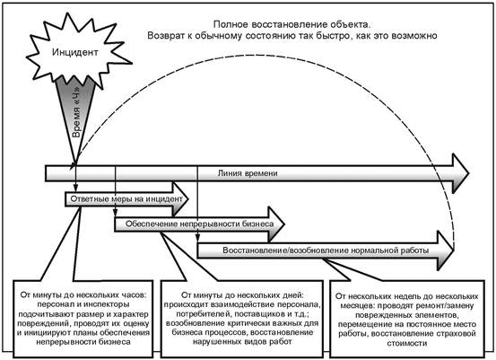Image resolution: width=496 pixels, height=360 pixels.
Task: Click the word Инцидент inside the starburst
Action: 75,52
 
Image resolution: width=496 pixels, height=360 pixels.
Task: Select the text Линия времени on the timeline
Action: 248,173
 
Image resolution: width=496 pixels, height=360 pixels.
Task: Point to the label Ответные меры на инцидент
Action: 126,198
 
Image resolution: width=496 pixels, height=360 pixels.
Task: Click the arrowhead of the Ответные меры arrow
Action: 180,199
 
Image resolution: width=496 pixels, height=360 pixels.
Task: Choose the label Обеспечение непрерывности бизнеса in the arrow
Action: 200,224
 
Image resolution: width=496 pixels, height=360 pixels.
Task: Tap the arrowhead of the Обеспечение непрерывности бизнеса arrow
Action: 276,224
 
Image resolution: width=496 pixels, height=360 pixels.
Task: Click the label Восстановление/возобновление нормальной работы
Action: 326,250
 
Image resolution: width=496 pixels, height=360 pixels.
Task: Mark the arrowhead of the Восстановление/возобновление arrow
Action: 446,250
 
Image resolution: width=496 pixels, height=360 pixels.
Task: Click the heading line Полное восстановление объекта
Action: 292,24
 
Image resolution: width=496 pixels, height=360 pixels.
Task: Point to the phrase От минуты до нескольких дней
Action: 242,295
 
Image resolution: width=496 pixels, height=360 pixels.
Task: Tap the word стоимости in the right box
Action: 407,343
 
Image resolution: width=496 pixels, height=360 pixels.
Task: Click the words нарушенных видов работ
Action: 242,342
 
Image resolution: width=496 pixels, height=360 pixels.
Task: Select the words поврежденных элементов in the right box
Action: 407,315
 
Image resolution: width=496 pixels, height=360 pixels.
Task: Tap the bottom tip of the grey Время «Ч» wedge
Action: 76,164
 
